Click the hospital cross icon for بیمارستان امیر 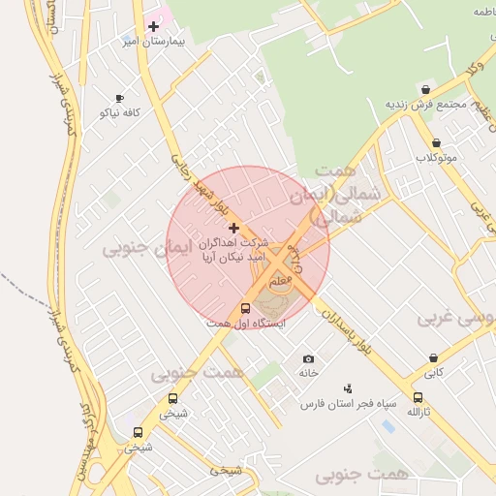(x=153, y=26)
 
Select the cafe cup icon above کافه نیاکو (x=120, y=98)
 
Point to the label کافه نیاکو (x=120, y=113)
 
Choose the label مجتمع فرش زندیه (x=427, y=104)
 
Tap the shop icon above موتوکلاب (x=436, y=142)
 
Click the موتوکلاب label (x=436, y=157)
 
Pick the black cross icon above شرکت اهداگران (x=233, y=228)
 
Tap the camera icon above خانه (x=308, y=358)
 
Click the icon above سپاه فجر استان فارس (x=348, y=387)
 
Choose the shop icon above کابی (x=433, y=356)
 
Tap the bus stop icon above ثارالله (x=418, y=397)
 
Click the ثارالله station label (x=418, y=412)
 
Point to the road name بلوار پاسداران (x=344, y=327)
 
